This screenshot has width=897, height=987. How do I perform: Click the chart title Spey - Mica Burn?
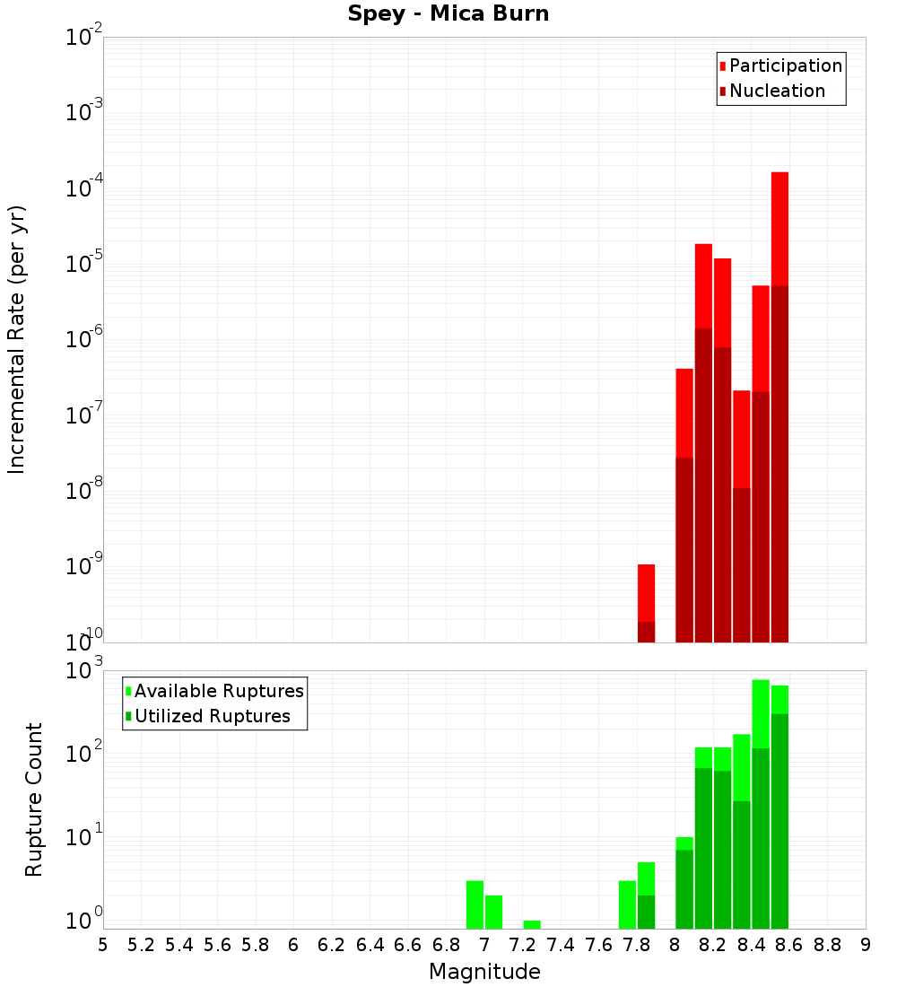pos(448,14)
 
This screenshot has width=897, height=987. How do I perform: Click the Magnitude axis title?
pos(484,972)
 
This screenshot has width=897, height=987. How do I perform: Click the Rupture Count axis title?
pos(34,799)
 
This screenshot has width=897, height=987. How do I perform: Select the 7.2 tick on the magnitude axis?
pos(522,945)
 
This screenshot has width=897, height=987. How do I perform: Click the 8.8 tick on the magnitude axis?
pos(827,945)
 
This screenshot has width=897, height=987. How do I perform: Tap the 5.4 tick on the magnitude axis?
pos(179,945)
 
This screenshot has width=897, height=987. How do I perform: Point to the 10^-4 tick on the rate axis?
pos(83,189)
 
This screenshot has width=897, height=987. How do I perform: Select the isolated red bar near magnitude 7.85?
pos(646,592)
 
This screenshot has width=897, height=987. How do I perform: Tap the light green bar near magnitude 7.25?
pos(532,924)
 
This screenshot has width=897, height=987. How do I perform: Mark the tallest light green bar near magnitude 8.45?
pos(761,713)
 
